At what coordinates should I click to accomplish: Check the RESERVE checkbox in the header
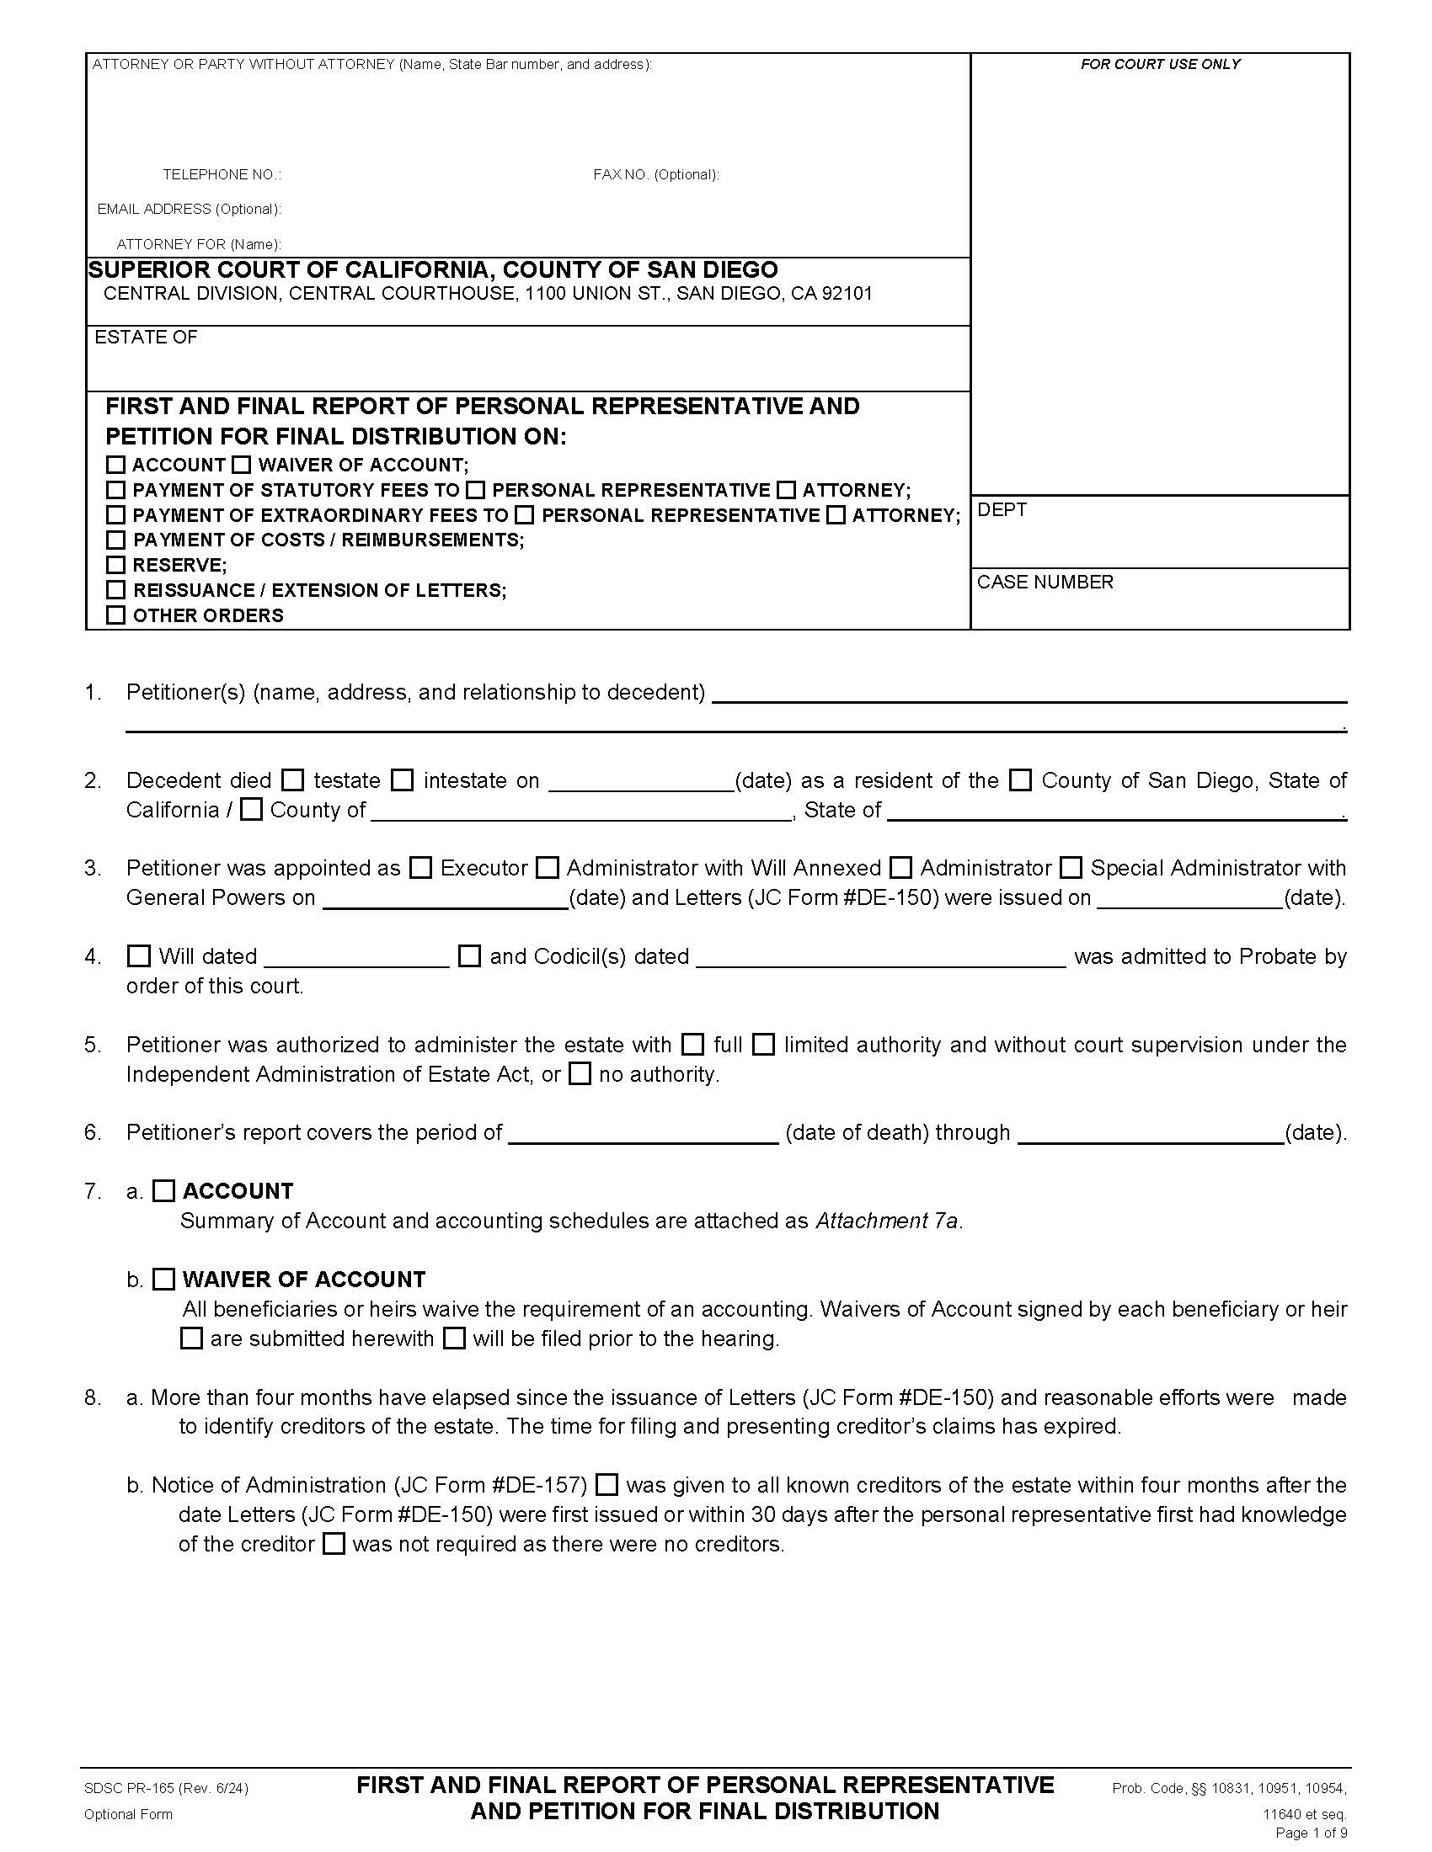[116, 565]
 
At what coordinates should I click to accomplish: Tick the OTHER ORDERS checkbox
[116, 615]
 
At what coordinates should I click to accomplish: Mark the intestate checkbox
[403, 780]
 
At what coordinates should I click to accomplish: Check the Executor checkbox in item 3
[421, 869]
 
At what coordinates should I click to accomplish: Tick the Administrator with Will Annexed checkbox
[548, 869]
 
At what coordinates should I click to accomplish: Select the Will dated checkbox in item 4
[138, 956]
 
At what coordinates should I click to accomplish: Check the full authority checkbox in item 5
[693, 1045]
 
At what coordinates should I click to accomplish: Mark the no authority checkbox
[580, 1074]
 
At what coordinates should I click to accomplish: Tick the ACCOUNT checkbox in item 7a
[163, 1191]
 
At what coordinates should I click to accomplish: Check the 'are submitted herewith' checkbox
[193, 1339]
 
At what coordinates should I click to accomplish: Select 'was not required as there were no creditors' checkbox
[335, 1544]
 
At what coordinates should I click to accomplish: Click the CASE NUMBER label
[1045, 583]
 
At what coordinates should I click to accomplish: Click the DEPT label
[1002, 509]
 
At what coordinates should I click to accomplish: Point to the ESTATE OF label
[146, 338]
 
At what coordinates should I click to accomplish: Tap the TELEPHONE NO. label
[222, 175]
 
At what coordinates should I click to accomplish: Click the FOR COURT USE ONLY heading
[1160, 65]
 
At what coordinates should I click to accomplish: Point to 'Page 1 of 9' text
[1311, 1833]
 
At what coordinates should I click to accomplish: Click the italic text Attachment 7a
[886, 1221]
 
